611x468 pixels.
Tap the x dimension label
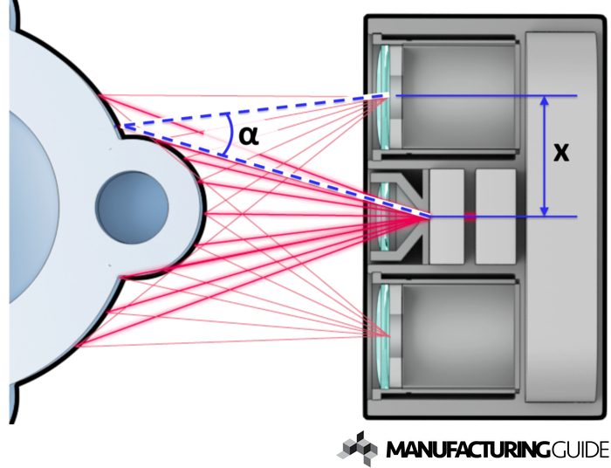click(x=562, y=152)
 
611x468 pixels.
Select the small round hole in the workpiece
click(x=132, y=208)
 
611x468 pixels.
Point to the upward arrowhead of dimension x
click(x=545, y=101)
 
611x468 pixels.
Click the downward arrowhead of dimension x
click(x=545, y=210)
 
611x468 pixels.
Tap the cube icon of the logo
click(x=358, y=448)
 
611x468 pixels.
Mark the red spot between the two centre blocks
click(x=469, y=217)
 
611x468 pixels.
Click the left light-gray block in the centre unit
click(x=447, y=217)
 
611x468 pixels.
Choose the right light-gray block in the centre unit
click(x=495, y=217)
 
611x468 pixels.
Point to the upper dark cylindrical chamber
click(x=458, y=96)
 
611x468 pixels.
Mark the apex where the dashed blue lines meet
click(x=119, y=127)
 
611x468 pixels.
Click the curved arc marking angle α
click(x=228, y=136)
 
